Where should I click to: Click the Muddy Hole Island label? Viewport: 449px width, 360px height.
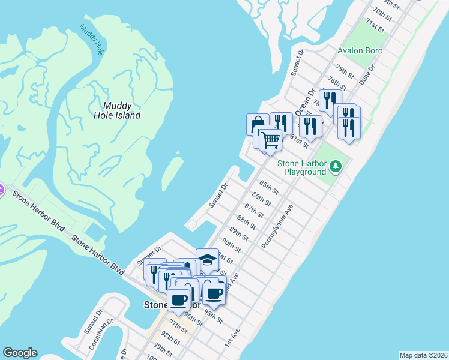(118, 110)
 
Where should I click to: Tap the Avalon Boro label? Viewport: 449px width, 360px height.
(360, 50)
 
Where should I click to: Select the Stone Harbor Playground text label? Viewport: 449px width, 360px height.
(301, 167)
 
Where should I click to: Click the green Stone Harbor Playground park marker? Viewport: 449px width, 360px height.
(336, 166)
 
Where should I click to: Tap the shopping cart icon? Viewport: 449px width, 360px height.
(271, 140)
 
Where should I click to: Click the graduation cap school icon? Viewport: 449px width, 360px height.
(208, 260)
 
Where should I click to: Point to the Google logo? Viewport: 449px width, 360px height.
(20, 353)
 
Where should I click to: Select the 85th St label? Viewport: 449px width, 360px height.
(269, 187)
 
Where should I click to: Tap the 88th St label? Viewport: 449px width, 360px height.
(246, 222)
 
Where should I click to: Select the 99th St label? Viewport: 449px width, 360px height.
(163, 348)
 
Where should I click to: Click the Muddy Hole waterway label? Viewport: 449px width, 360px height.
(91, 40)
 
